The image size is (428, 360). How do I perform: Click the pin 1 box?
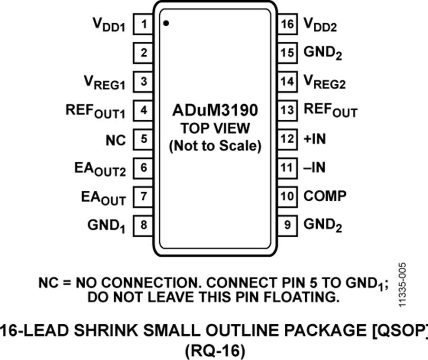144,24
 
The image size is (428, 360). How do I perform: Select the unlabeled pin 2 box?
144,52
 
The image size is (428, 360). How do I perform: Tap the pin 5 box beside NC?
144,139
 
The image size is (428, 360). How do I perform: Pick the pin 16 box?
287,24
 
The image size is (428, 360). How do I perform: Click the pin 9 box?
287,224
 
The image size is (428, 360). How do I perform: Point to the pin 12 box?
287,139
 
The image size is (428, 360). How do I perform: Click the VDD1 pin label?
108,25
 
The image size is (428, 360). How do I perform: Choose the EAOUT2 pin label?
100,169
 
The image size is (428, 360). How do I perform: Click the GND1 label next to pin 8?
106,225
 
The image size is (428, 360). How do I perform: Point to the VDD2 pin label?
320,25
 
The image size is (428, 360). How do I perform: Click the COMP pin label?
325,196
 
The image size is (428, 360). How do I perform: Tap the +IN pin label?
316,139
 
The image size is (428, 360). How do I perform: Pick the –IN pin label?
315,167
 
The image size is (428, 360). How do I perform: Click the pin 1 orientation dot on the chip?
166,23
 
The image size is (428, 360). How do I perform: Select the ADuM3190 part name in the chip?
215,111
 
